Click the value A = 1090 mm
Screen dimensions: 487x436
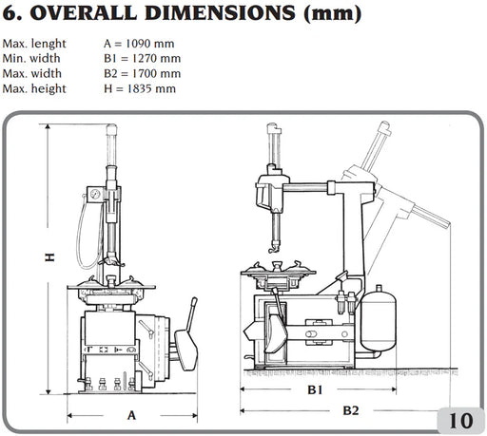click(139, 44)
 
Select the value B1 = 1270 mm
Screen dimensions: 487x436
click(142, 58)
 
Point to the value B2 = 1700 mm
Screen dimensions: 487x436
click(142, 73)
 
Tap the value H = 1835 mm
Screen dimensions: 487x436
click(140, 88)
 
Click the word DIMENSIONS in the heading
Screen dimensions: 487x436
click(220, 12)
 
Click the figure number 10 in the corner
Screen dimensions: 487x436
click(460, 421)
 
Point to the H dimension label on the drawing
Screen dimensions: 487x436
click(49, 257)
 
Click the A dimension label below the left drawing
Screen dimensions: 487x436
click(131, 415)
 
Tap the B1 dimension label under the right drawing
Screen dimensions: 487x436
click(315, 389)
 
